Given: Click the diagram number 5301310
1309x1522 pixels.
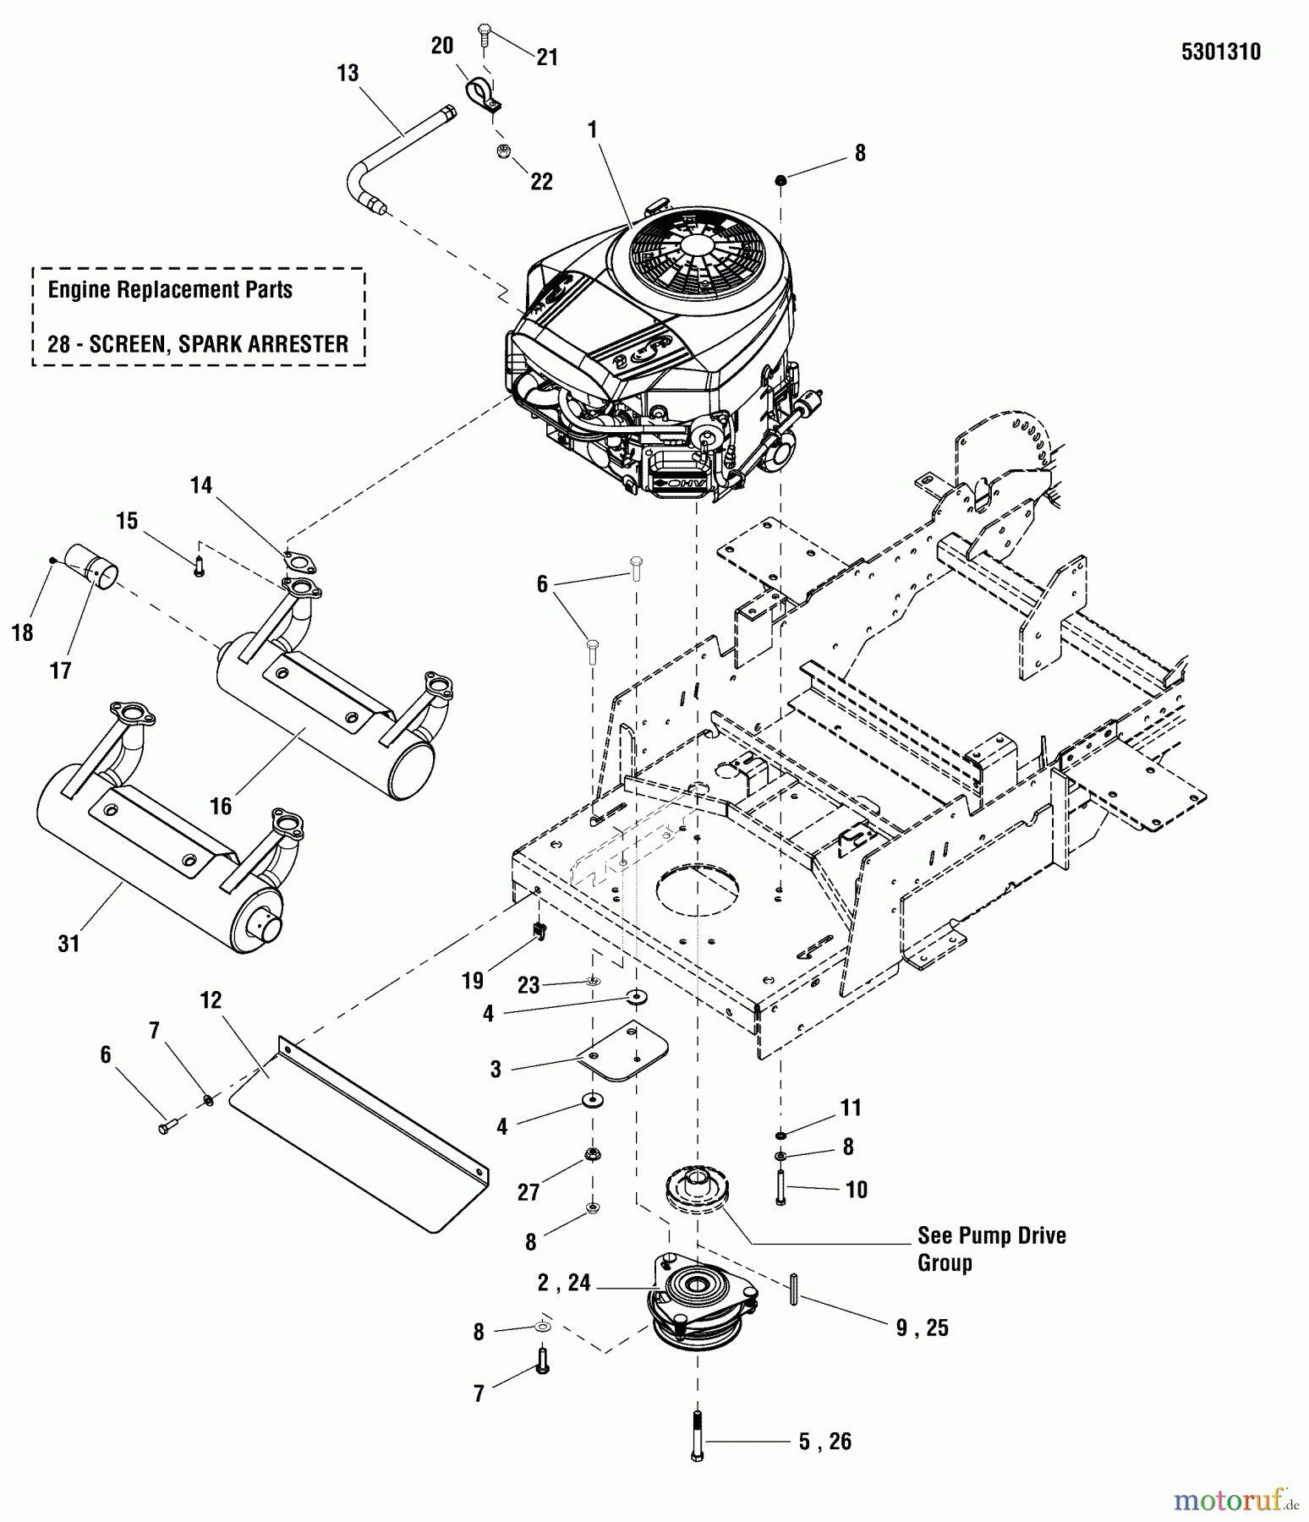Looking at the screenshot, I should point(1220,52).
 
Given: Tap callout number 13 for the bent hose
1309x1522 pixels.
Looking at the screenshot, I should point(348,74).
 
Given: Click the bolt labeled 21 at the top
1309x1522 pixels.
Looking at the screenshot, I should point(485,34).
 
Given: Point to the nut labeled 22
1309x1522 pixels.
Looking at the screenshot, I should point(505,152).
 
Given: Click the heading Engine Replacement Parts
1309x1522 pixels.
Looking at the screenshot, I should point(170,290).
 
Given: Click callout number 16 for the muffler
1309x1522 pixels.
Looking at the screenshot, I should point(221,806).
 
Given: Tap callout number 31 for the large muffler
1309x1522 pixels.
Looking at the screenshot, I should point(68,943).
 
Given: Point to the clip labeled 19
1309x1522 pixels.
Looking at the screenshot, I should point(539,932).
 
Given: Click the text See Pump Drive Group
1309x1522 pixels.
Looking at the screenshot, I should point(991,1249).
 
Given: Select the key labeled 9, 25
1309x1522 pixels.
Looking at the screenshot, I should point(794,1289).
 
